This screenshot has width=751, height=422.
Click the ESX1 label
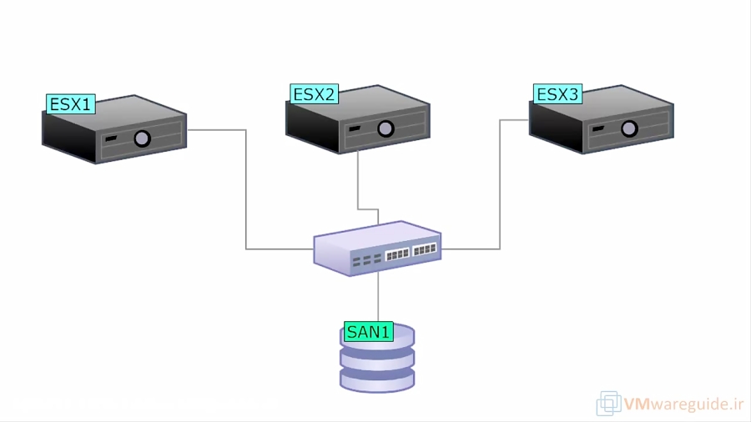click(71, 104)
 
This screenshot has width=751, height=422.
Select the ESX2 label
click(314, 94)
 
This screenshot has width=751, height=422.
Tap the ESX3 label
click(557, 94)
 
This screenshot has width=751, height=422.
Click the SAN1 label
click(368, 332)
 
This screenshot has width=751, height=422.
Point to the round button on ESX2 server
click(386, 128)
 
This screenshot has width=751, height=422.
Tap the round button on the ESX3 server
click(629, 128)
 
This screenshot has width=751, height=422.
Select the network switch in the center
click(377, 247)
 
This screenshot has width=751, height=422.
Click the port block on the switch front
click(411, 251)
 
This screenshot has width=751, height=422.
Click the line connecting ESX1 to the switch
click(246, 192)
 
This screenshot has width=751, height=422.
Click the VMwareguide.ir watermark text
click(683, 404)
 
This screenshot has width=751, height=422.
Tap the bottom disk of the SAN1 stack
click(377, 379)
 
